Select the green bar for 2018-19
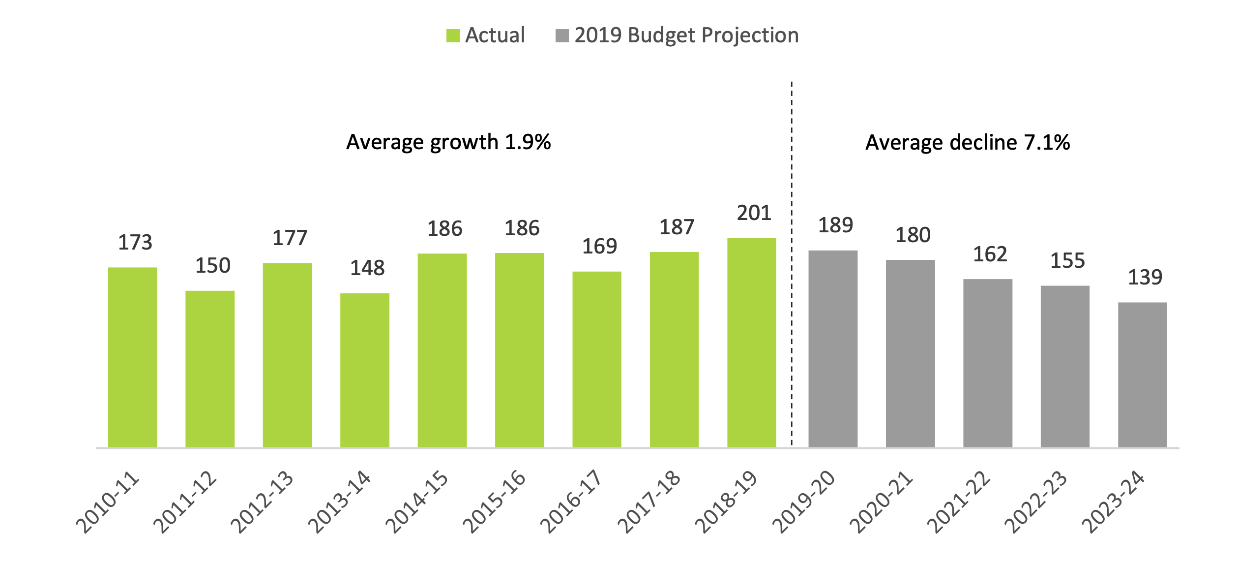point(751,343)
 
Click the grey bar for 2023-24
point(1142,375)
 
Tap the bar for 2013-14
point(364,370)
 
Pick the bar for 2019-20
point(833,349)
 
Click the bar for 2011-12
point(210,369)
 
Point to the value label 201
point(754,213)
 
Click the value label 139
point(1145,278)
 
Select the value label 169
point(599,247)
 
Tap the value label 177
point(290,238)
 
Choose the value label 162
point(990,254)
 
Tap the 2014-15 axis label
point(417,502)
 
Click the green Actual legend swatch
point(453,36)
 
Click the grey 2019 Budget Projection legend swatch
point(562,36)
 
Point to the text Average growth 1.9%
point(448,142)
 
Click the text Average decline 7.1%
point(967,143)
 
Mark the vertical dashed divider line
point(792,295)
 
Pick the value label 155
point(1067,261)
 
